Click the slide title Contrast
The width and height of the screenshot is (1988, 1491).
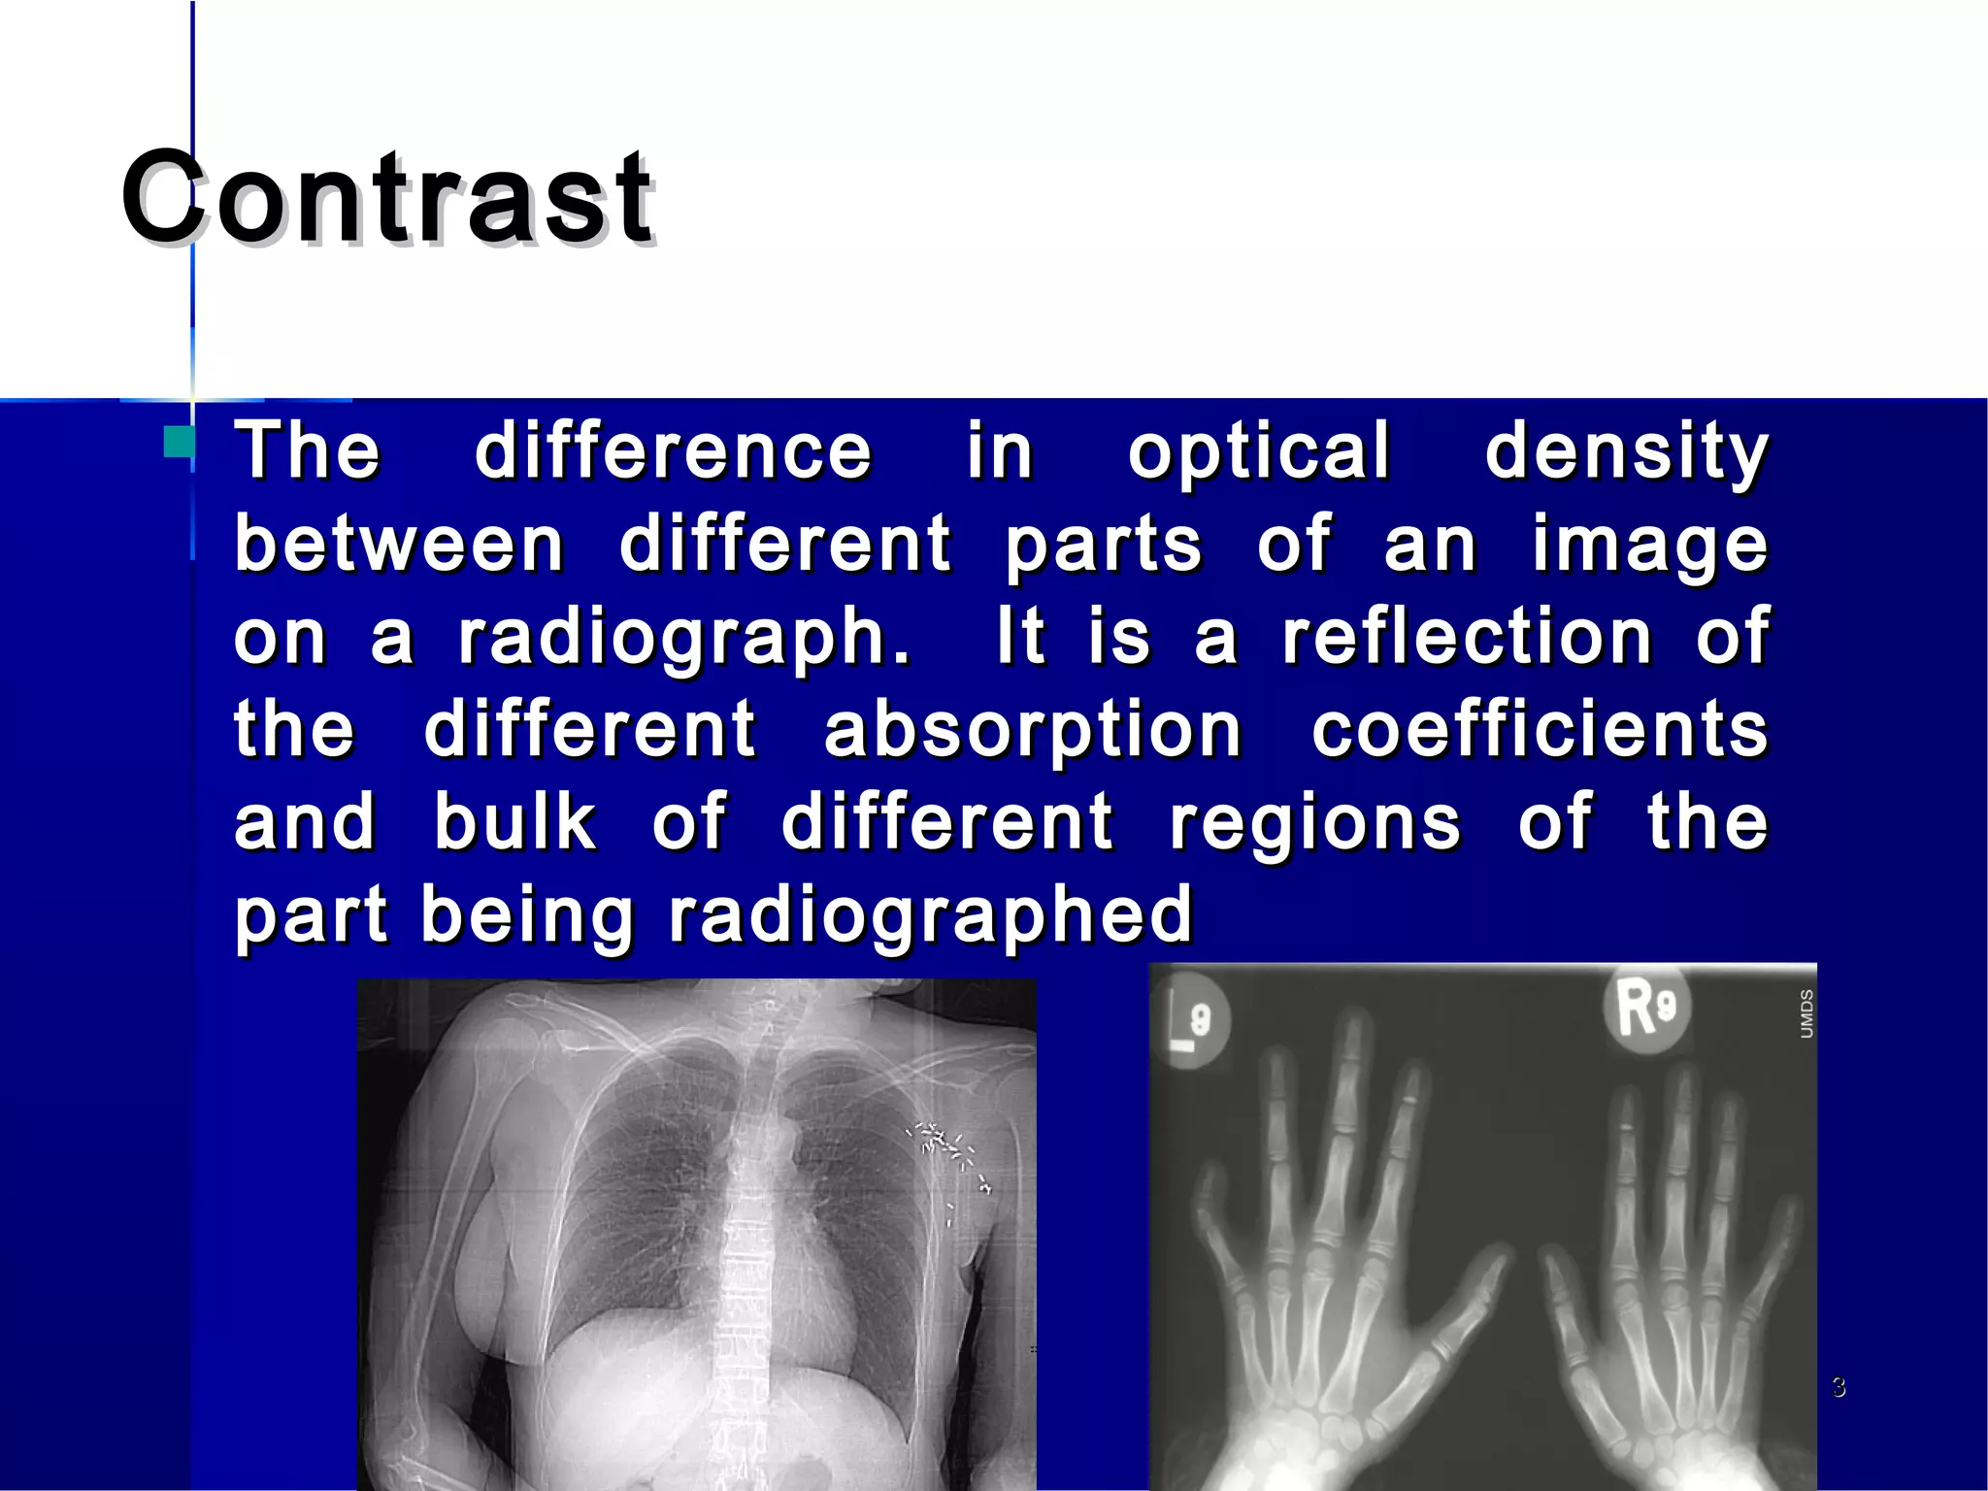[x=388, y=199]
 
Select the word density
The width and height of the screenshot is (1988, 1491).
[x=1627, y=453]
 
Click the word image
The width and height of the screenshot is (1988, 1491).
[x=1650, y=546]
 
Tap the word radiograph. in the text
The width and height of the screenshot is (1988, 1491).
[x=684, y=638]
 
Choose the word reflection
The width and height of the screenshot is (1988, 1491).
[x=1468, y=636]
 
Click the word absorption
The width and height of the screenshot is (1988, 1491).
[x=1033, y=730]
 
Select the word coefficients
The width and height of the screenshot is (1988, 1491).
[x=1541, y=730]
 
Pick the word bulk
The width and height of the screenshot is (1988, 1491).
[x=514, y=821]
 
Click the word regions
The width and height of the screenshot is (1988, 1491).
[x=1314, y=823]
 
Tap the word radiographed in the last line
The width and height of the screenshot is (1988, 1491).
[x=931, y=915]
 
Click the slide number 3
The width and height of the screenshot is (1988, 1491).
[x=1839, y=1386]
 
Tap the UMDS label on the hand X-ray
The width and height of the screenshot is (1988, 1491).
[x=1806, y=1013]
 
